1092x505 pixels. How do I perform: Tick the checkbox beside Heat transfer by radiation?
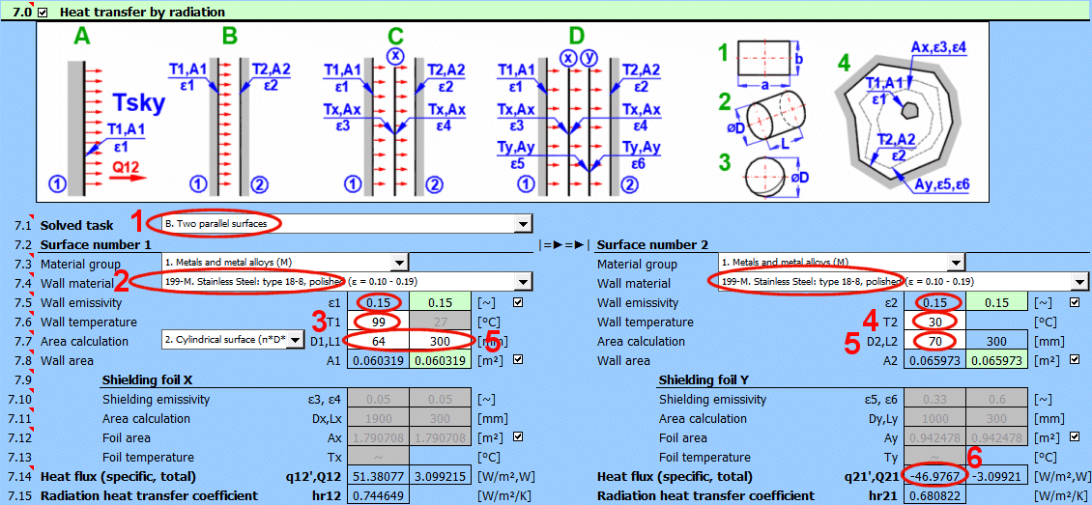[42, 13]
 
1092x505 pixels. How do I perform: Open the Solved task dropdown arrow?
[524, 224]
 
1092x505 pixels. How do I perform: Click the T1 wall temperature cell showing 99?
[378, 322]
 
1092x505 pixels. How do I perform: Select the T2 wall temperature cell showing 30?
[934, 322]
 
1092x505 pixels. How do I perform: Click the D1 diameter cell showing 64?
[378, 341]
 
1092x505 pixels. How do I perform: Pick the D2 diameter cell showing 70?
[934, 341]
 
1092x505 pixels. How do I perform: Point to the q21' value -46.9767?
[934, 476]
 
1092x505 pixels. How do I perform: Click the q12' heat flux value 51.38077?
[378, 476]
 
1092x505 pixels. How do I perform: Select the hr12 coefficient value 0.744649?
[378, 495]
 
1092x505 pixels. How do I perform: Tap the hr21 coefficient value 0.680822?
[934, 495]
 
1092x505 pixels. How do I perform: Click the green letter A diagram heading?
[80, 39]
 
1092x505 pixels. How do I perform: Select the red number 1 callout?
[138, 220]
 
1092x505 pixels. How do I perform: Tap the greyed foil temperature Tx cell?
[378, 457]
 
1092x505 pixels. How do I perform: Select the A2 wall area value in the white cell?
[934, 360]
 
